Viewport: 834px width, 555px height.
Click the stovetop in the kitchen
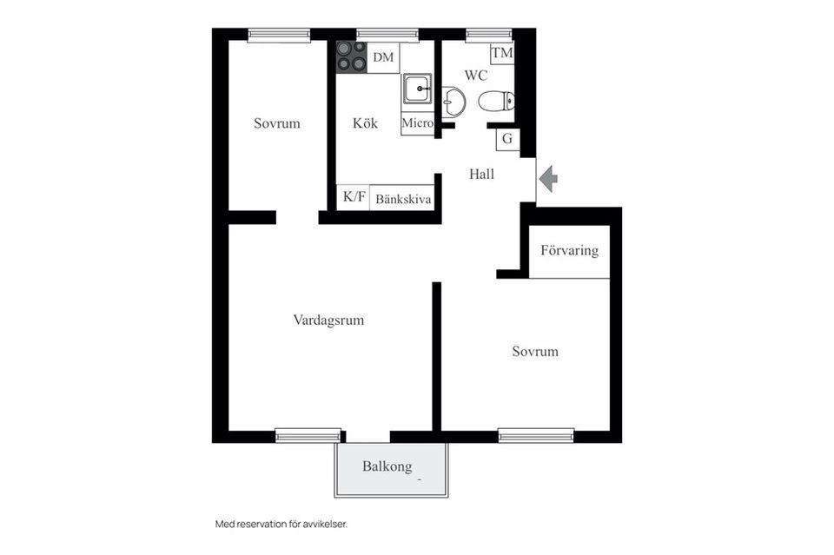tap(352, 56)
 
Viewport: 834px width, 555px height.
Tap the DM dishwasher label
tap(383, 56)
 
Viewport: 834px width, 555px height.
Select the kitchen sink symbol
tap(417, 89)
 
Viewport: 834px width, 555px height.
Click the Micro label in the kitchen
tap(418, 123)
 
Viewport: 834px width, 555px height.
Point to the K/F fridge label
tap(354, 196)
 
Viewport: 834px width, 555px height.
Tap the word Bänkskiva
tap(403, 200)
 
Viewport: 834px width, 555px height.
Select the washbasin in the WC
tap(453, 102)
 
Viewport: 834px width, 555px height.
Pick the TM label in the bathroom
tap(501, 53)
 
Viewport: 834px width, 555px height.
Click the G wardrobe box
tap(507, 139)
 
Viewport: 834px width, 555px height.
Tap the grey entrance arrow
tap(548, 179)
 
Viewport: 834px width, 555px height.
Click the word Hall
tap(482, 174)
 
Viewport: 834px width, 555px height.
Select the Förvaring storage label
tap(570, 250)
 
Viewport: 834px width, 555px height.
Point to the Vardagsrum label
tap(328, 320)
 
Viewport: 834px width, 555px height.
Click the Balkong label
tap(387, 466)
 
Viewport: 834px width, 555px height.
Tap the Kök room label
tap(365, 123)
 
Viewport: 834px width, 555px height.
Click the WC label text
tap(475, 76)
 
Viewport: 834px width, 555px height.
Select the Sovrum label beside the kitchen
tap(276, 123)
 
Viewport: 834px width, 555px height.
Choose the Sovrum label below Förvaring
tap(535, 352)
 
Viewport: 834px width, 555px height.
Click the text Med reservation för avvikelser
tap(281, 525)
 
